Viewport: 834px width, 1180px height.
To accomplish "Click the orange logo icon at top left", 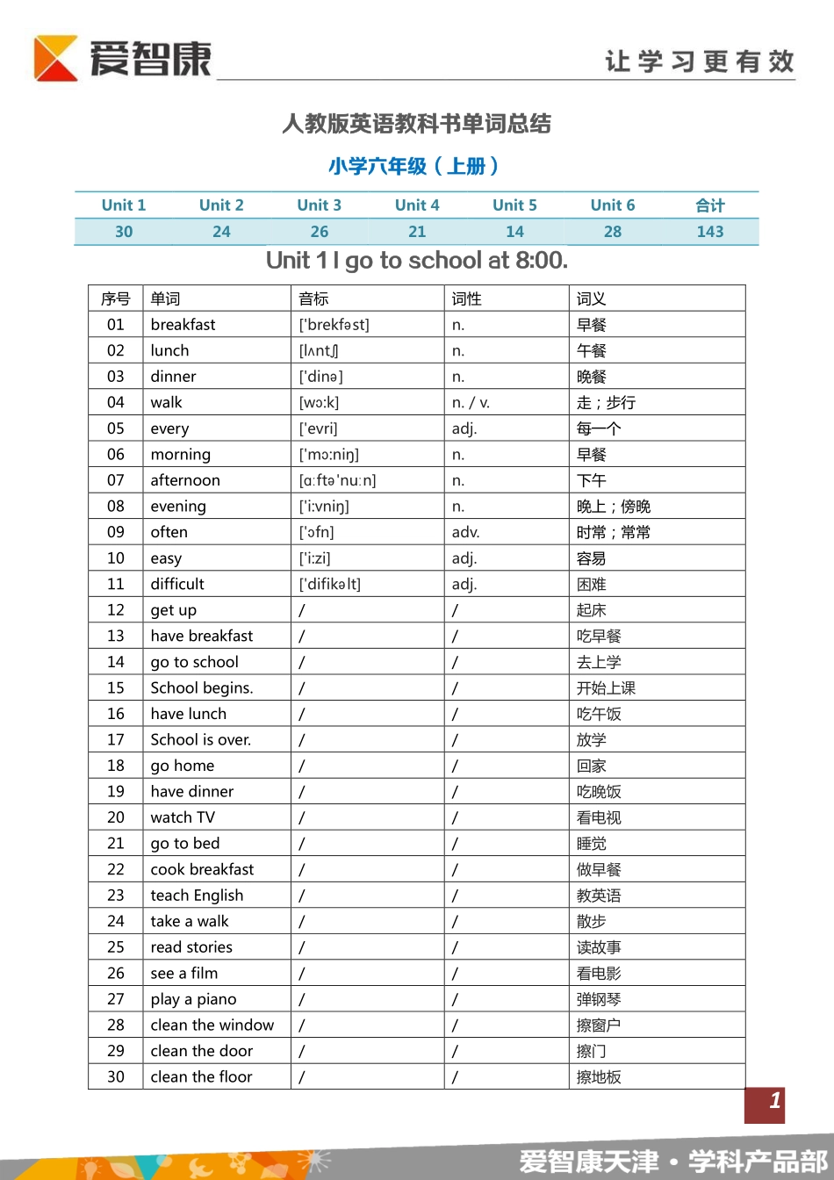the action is pos(55,58).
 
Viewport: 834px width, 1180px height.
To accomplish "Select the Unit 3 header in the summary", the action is pos(319,205).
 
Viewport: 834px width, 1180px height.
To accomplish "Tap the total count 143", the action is pos(710,232).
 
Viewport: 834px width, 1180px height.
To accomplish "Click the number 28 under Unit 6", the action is pos(613,232).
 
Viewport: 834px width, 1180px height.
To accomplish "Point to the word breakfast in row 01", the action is pos(183,325).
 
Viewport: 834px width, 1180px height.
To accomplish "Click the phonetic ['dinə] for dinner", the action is pos(320,377).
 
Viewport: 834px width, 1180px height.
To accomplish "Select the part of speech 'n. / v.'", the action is pos(471,403).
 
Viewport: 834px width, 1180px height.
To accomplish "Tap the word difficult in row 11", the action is pos(177,585).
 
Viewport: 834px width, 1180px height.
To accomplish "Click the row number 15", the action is pos(116,688).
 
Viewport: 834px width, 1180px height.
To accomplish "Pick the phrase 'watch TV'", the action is pos(183,818).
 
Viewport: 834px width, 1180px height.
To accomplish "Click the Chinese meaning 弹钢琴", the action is pos(599,1000).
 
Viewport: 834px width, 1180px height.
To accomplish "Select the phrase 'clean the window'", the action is pos(212,1025).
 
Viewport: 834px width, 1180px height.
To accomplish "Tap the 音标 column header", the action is pos(313,299).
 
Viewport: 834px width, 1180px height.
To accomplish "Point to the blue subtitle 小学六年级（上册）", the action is pos(413,166).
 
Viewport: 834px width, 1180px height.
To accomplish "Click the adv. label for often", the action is pos(465,533).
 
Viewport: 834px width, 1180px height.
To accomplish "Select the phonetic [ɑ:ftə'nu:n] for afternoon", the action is pos(337,481).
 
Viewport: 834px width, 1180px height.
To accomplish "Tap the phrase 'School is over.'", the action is pos(200,740).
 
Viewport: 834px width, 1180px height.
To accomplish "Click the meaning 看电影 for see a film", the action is pos(599,974).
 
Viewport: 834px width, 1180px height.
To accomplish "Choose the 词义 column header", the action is pos(591,299).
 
